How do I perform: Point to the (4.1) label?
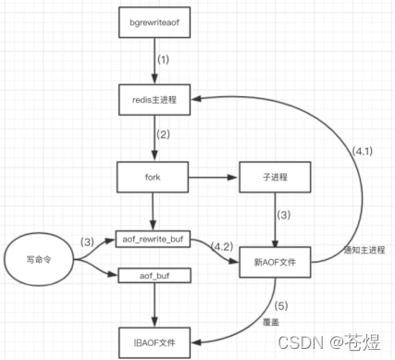click(364, 149)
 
